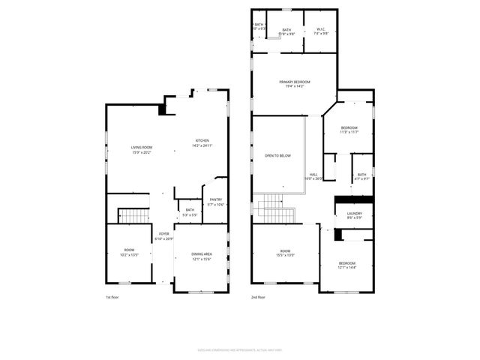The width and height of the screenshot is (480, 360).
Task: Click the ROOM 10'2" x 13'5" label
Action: pyautogui.click(x=129, y=252)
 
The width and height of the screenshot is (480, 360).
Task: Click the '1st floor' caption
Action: pyautogui.click(x=112, y=298)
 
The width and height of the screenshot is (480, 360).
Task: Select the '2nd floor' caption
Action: pyautogui.click(x=258, y=298)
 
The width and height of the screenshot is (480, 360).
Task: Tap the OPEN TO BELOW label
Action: pyautogui.click(x=277, y=155)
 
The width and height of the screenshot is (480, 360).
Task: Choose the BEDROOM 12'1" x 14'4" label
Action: pyautogui.click(x=346, y=265)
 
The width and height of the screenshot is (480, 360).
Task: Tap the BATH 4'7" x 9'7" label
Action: pyautogui.click(x=361, y=176)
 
